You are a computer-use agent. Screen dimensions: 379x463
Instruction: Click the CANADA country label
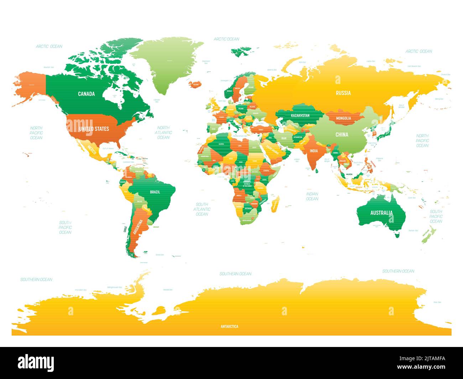point(87,94)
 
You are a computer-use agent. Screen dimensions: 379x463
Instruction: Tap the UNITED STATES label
point(94,128)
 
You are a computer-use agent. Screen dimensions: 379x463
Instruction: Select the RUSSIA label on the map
point(343,93)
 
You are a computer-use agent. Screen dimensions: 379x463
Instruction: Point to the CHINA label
point(342,135)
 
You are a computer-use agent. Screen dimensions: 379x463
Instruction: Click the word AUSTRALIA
point(381,213)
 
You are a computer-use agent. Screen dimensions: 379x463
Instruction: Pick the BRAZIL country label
point(155,192)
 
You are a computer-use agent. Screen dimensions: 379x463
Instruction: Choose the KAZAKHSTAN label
point(300,116)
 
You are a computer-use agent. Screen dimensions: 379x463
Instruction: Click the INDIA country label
point(313,151)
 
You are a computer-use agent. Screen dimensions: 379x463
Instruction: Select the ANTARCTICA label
point(229,326)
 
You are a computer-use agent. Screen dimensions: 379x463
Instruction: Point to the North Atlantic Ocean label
point(163,132)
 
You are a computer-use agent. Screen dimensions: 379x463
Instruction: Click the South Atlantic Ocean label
point(202,209)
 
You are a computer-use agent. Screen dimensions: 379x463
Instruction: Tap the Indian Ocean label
point(312,196)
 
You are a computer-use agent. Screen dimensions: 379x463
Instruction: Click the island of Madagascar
point(275,205)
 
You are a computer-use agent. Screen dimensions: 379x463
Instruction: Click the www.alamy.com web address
point(421,367)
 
